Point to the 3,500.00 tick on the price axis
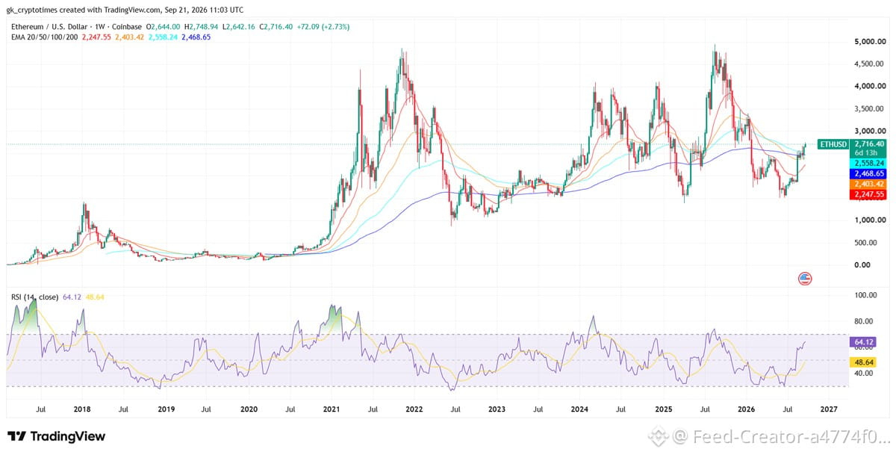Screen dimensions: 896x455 click(869, 108)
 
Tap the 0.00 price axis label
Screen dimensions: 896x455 click(862, 264)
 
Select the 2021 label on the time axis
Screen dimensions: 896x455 click(332, 409)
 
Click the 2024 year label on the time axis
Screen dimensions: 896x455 click(579, 409)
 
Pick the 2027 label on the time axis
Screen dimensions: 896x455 click(828, 409)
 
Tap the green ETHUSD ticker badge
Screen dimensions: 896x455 click(833, 144)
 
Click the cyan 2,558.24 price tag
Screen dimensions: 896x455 click(869, 164)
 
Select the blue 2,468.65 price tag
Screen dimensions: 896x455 click(869, 173)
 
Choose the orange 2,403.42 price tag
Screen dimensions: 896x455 click(869, 184)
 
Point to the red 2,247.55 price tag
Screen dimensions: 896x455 click(869, 194)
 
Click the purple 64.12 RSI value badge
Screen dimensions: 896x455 click(863, 342)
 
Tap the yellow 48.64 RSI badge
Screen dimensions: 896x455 click(863, 362)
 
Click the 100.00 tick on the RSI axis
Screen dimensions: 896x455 click(865, 295)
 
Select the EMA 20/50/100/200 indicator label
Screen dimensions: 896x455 click(44, 37)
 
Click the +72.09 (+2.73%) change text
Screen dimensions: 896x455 click(323, 27)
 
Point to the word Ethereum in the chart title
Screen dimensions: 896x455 click(27, 27)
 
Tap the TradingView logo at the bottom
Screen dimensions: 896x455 click(57, 436)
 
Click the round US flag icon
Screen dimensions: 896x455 click(805, 279)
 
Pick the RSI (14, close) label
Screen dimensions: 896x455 click(35, 297)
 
